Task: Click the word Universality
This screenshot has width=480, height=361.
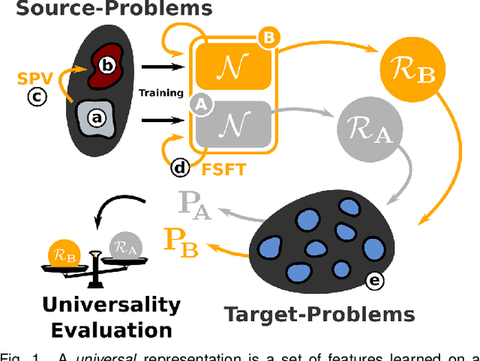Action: coord(111,305)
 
